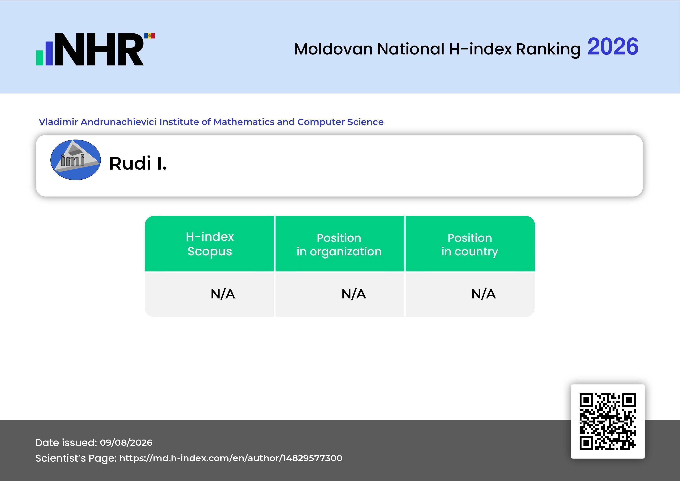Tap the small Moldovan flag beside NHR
point(150,36)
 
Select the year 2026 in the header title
point(613,47)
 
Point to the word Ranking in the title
point(548,49)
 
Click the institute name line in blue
point(211,122)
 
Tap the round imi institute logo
point(76,160)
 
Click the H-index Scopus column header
point(210,244)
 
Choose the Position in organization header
point(339,244)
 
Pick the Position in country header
point(470,244)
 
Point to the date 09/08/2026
point(126,442)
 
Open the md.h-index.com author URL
point(231,458)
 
